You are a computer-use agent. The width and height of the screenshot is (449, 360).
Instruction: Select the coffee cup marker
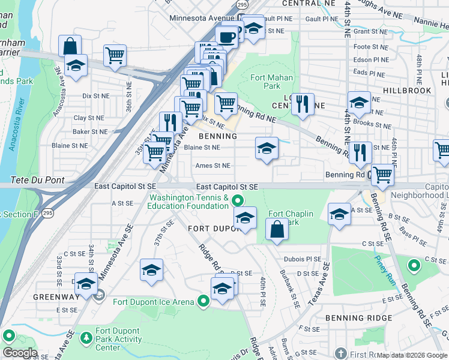click(x=227, y=37)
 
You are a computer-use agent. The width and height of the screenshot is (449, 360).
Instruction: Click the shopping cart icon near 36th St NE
click(x=115, y=55)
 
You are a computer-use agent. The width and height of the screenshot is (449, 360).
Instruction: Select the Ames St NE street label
click(x=212, y=166)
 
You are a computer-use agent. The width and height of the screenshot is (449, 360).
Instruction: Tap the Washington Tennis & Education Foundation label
click(x=188, y=202)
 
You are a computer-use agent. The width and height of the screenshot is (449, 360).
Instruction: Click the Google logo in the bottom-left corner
click(x=20, y=353)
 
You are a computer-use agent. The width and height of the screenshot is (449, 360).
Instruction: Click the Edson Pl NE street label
click(x=369, y=59)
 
